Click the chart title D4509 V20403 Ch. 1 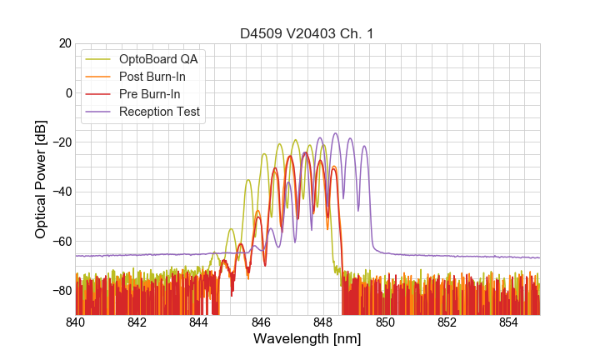307,34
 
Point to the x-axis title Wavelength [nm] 307,340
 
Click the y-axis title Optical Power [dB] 40,179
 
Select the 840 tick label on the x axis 76,322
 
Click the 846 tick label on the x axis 261,322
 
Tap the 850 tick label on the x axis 385,322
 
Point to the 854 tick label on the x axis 509,322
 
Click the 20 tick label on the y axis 63,43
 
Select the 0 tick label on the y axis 67,92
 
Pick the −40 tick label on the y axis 60,192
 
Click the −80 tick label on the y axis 60,291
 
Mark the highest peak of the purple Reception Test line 336,133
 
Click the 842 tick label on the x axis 137,322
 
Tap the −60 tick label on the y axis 60,242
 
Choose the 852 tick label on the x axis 447,322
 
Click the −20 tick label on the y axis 60,142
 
